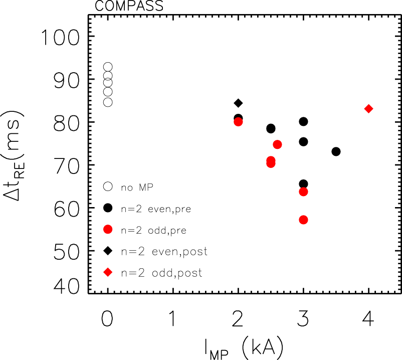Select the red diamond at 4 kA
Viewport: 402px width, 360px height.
[x=368, y=109]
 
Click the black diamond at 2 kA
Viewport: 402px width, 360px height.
[x=238, y=103]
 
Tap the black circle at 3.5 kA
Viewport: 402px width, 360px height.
[x=336, y=151]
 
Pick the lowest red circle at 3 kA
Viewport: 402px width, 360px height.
[x=303, y=220]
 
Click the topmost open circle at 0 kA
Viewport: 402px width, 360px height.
[x=108, y=67]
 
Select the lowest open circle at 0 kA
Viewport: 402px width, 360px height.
[x=108, y=102]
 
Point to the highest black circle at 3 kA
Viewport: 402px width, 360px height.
[x=303, y=121]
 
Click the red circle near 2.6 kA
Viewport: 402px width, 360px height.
[x=277, y=144]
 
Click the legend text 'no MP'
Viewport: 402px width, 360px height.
[x=136, y=187]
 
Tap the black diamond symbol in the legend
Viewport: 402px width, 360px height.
[x=108, y=251]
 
